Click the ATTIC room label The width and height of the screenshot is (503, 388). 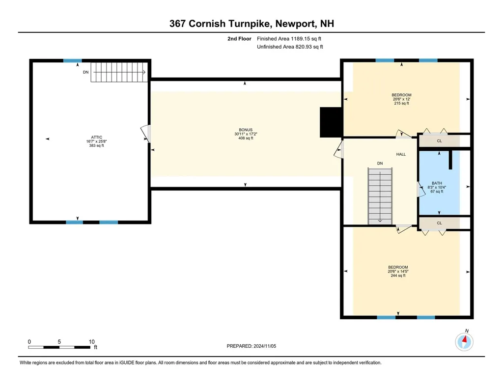point(96,137)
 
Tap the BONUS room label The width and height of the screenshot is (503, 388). point(246,130)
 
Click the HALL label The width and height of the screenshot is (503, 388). point(401,154)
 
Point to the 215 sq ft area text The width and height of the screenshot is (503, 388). point(401,104)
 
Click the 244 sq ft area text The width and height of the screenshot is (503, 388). point(398,276)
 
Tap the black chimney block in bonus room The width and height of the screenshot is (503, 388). point(331,122)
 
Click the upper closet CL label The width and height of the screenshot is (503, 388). point(439,141)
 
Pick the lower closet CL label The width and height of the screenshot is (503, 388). point(439,223)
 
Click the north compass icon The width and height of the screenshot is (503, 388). point(464,341)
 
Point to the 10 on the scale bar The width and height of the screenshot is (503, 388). point(91,341)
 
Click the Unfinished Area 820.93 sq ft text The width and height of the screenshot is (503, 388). point(290,47)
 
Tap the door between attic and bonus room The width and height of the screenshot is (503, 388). point(146,133)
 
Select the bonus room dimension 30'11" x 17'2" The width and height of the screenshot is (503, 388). point(246,134)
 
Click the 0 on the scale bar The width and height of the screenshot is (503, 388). point(29,341)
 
